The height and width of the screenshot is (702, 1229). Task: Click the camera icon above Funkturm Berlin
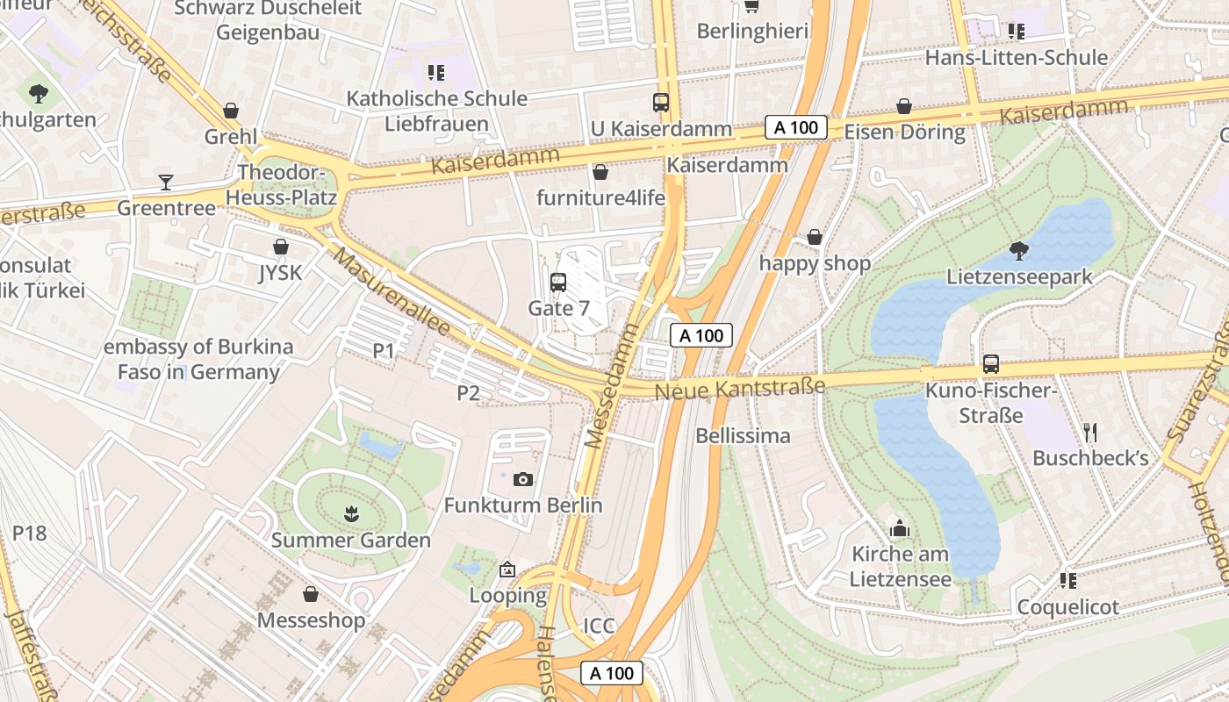[x=523, y=479]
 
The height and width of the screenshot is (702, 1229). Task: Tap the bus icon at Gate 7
[x=558, y=283]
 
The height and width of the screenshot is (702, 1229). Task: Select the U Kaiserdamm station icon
[x=661, y=103]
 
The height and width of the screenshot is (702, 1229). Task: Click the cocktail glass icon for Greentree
[x=166, y=183]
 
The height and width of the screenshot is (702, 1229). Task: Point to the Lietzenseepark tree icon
[x=1019, y=251]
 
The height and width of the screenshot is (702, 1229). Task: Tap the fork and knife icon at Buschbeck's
[x=1090, y=432]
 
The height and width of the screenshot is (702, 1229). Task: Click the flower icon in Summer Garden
[x=351, y=514]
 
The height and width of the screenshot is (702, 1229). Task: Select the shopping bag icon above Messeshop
[x=311, y=595]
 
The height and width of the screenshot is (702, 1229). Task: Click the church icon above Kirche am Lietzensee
[x=900, y=528]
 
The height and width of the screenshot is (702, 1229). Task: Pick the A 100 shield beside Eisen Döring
[x=796, y=127]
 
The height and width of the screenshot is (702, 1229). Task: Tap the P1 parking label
[x=384, y=351]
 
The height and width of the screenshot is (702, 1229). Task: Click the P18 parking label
[x=29, y=534]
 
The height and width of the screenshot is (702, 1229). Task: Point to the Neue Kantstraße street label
[x=740, y=387]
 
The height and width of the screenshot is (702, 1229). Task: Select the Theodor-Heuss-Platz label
[x=281, y=185]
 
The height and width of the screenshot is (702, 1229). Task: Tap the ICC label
[x=600, y=626]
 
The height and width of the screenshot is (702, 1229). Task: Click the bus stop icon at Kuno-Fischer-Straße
[x=991, y=364]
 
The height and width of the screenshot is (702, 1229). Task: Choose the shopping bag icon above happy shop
[x=815, y=238]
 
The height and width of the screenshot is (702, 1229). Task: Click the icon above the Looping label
[x=507, y=570]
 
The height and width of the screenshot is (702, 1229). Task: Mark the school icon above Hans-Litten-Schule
[x=1017, y=32]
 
